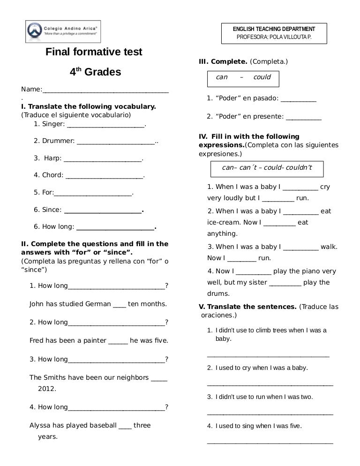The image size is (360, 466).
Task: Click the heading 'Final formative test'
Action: click(x=94, y=52)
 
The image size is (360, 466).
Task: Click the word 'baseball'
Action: click(x=100, y=425)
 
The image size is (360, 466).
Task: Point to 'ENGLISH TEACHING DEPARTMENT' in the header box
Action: click(x=274, y=29)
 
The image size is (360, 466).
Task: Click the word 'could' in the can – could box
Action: click(x=262, y=77)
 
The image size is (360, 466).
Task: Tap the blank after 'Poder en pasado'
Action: click(x=299, y=98)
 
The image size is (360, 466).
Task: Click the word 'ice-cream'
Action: click(x=223, y=222)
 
